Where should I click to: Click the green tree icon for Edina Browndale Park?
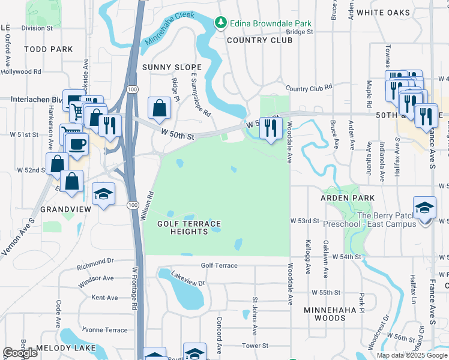coord(221,22)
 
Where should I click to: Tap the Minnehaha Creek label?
coord(169,28)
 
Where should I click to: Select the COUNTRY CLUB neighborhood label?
coord(259,40)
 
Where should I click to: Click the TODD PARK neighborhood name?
coord(49,49)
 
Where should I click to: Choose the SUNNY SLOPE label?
coord(172,67)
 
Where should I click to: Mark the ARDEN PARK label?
coord(347,197)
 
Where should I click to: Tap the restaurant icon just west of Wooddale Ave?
coord(271,127)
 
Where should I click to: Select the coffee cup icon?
coord(77,145)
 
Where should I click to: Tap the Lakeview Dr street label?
coord(188,282)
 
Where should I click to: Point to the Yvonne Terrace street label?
coord(104,330)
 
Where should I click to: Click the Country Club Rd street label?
coord(309,88)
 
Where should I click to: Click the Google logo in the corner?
coord(20,353)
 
